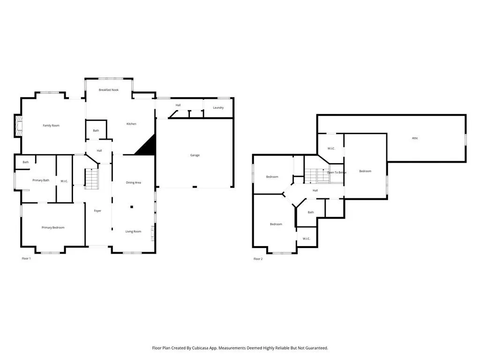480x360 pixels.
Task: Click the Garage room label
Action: tap(195, 155)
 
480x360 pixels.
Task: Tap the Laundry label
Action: tap(218, 108)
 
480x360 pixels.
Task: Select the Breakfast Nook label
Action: tap(109, 90)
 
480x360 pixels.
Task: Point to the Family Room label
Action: tap(51, 126)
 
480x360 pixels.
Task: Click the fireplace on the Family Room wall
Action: tap(18, 126)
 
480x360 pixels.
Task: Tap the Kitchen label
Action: tap(131, 124)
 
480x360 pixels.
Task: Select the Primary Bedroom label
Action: tap(53, 228)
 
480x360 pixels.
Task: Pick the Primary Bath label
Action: tap(41, 180)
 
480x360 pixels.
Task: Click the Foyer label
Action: tap(97, 211)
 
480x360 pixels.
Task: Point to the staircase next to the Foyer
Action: tap(91, 179)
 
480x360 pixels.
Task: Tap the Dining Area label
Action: tap(134, 183)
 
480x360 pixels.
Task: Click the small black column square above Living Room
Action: tap(132, 207)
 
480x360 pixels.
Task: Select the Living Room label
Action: tap(133, 232)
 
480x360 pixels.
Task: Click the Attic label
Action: tap(415, 138)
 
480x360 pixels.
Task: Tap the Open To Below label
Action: tap(337, 172)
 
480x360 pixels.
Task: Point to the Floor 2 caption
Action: tap(258, 259)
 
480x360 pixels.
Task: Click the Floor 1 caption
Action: tap(26, 259)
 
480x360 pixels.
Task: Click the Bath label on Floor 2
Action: tap(311, 212)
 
